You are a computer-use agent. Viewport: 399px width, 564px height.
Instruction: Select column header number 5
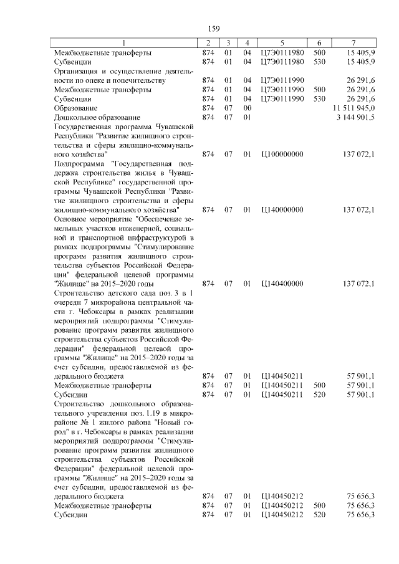282,43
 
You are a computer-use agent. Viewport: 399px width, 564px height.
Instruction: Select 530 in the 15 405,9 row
320,62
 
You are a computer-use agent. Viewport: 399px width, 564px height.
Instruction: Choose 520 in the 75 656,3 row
320,515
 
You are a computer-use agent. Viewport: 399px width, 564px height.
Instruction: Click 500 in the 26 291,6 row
320,90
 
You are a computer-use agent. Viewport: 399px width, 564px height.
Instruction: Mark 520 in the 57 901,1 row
320,395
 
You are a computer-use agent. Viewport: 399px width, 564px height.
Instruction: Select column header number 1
123,43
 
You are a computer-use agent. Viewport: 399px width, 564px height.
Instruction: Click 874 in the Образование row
208,108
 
